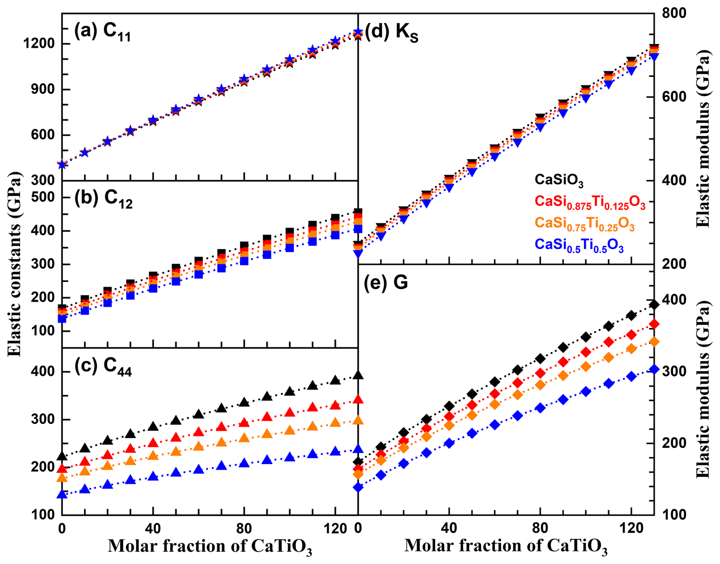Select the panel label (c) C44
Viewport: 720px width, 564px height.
coord(103,367)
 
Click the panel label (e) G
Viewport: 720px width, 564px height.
coord(386,283)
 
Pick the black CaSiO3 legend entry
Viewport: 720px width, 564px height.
coord(559,180)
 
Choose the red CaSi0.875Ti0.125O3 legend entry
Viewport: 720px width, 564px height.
coord(590,202)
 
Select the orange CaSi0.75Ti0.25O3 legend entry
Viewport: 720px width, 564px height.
coord(585,223)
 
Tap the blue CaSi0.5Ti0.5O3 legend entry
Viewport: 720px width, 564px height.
coord(579,245)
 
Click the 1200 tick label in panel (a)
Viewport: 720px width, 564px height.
coord(39,44)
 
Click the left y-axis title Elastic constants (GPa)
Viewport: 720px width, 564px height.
coord(14,264)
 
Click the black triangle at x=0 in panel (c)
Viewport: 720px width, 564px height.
coord(62,456)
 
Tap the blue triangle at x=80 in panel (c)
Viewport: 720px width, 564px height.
coord(244,463)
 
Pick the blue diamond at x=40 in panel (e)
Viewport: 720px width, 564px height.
coord(449,443)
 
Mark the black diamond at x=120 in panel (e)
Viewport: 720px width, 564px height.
coord(631,315)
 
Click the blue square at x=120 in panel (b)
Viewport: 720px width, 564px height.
coord(335,235)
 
